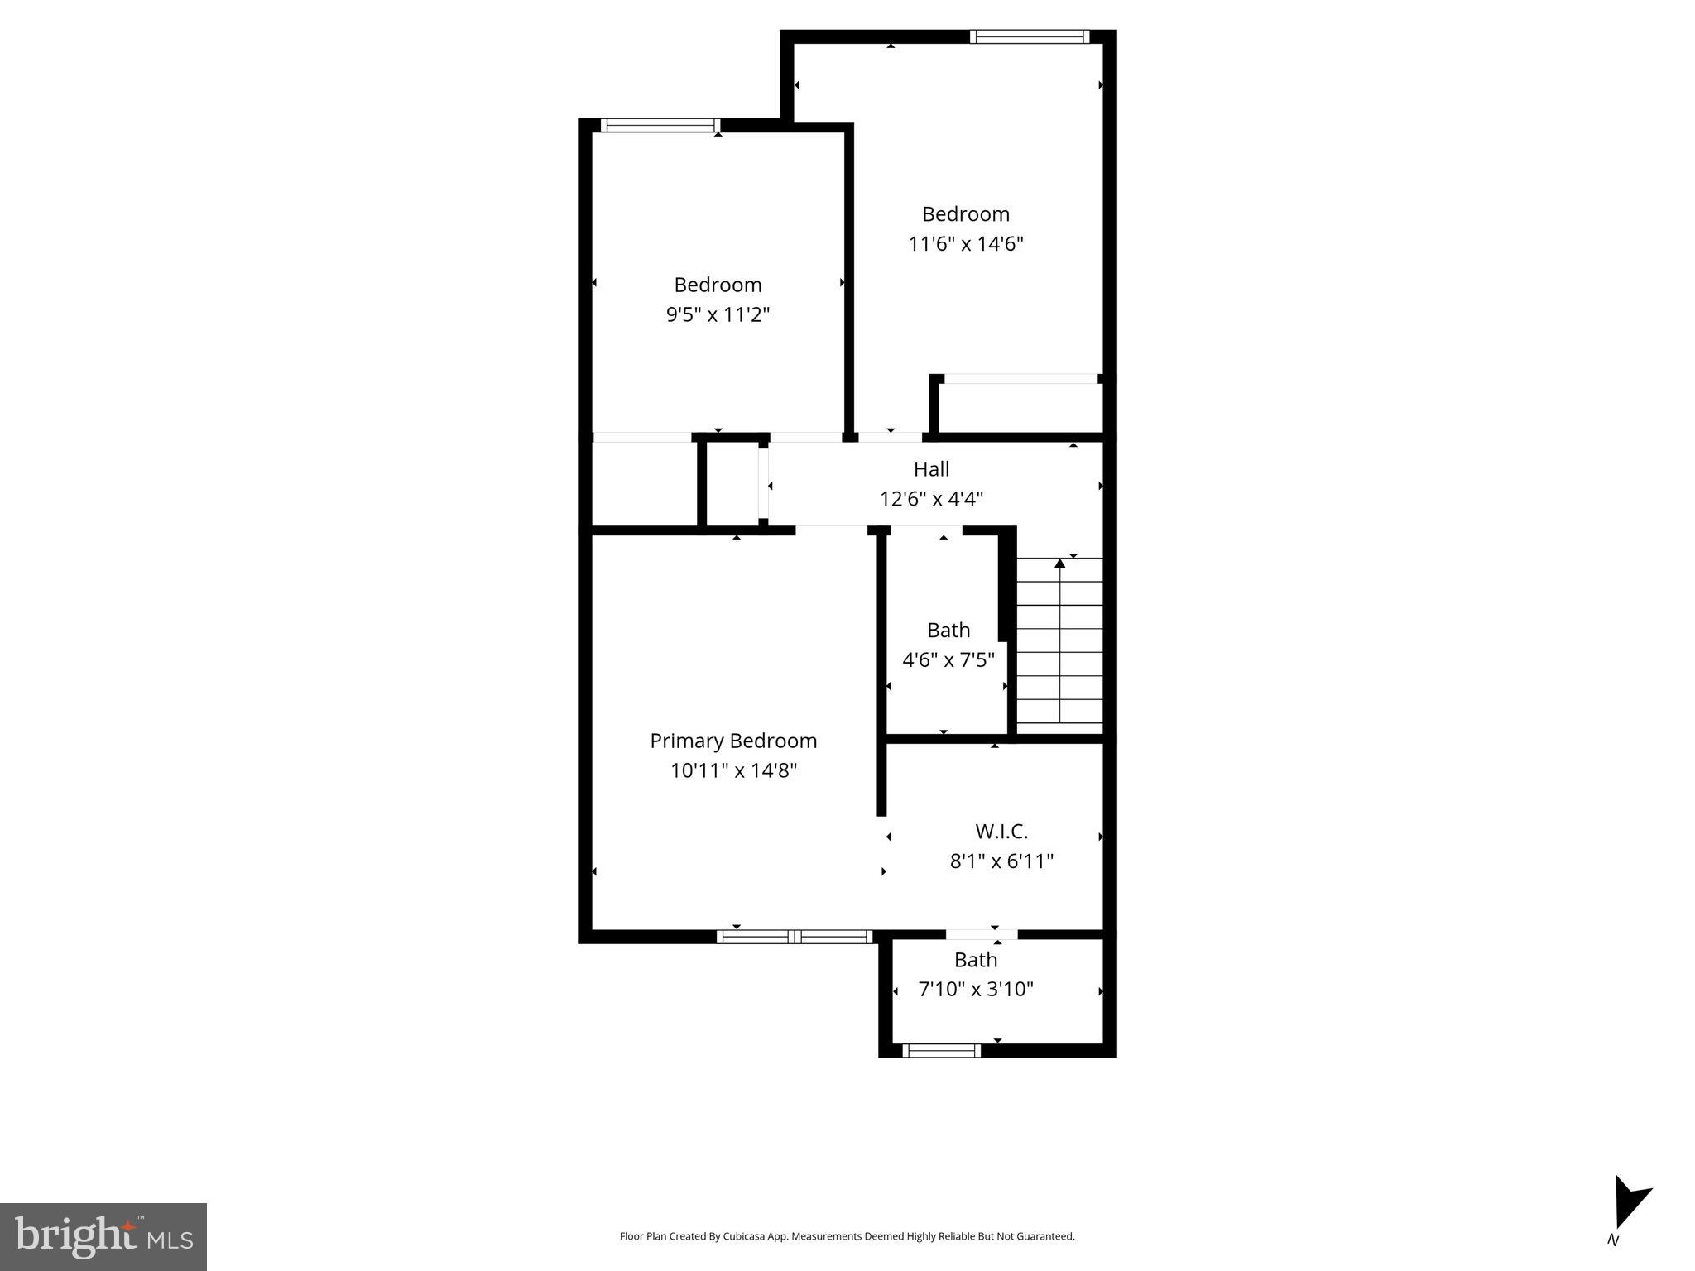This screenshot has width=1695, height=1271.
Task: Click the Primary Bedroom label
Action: point(733,741)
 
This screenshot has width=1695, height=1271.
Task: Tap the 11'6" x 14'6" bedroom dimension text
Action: point(966,244)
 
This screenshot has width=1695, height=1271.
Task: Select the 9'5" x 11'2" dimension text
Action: point(718,314)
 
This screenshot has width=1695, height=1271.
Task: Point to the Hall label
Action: point(931,469)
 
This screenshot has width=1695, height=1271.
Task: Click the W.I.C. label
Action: point(1001,832)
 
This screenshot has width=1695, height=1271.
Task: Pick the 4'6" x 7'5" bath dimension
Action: point(948,660)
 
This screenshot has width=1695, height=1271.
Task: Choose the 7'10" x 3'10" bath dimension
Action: point(976,989)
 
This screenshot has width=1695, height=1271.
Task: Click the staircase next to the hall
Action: point(1059,645)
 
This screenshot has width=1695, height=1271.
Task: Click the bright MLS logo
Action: point(103,1236)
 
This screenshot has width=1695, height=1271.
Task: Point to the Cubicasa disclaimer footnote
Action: point(847,1236)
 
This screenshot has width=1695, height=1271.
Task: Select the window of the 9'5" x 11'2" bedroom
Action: point(660,126)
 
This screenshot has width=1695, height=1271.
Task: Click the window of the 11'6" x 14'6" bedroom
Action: point(1030,36)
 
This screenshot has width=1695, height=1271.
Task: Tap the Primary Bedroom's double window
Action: point(795,937)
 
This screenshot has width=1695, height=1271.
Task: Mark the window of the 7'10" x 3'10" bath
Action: point(941,1051)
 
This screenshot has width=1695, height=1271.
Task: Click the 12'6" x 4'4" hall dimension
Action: point(931,499)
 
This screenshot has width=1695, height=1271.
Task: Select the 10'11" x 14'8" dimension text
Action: point(733,770)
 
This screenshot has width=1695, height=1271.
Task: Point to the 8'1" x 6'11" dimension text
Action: point(1001,861)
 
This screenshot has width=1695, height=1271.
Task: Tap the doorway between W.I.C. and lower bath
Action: point(982,934)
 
